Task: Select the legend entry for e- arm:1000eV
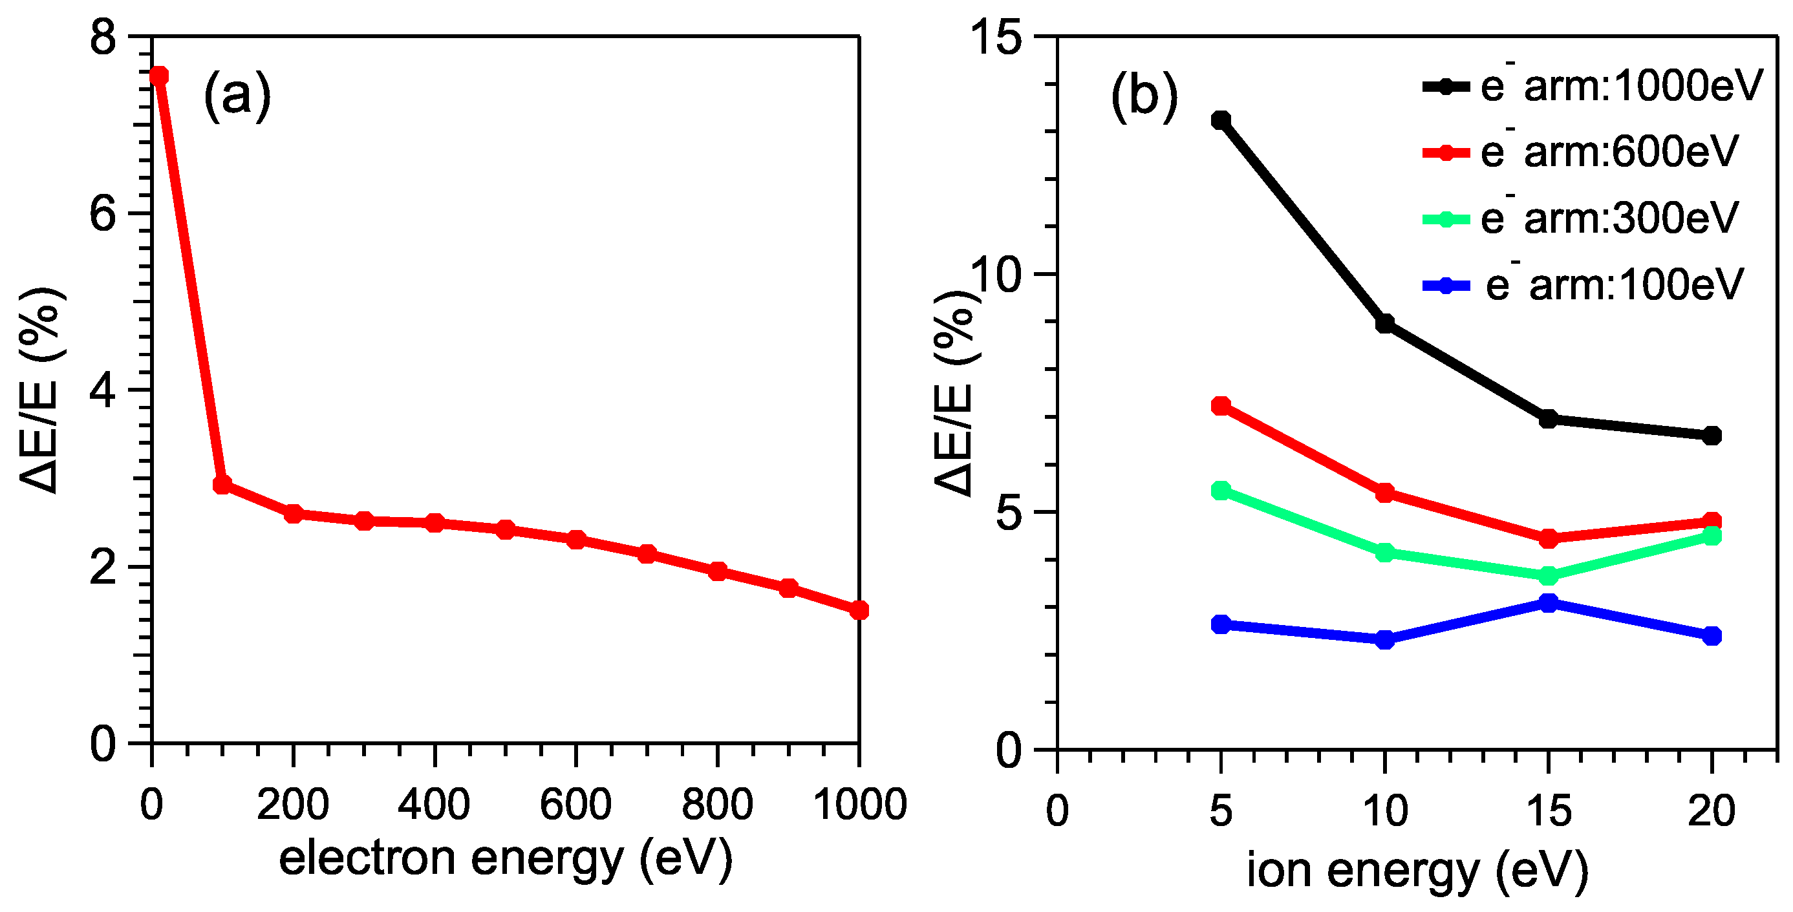(x=1593, y=86)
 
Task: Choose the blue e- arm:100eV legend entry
(x=1584, y=284)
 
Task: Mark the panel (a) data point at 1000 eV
(x=859, y=610)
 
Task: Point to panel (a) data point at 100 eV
(x=222, y=485)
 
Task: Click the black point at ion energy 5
(x=1221, y=120)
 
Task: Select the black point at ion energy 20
(x=1712, y=436)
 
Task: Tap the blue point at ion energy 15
(x=1549, y=602)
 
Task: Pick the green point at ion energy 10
(x=1385, y=553)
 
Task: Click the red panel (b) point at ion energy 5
(x=1221, y=405)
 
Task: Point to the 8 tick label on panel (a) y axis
(x=103, y=36)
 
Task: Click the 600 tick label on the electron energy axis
(x=575, y=805)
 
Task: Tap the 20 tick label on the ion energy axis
(x=1712, y=811)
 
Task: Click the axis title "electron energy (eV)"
(x=506, y=858)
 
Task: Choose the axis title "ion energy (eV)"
(x=1417, y=870)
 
